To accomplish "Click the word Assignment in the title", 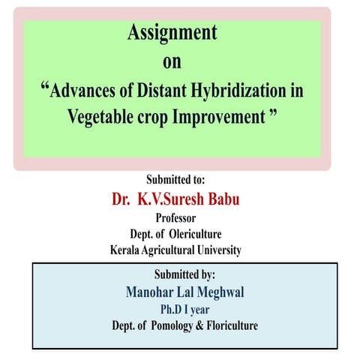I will point(172,33).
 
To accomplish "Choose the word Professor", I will point(179,218).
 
